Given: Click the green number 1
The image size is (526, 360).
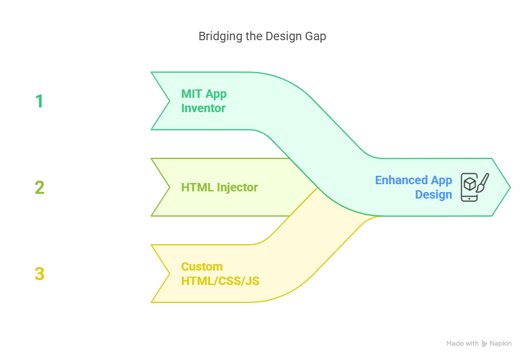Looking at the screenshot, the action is (x=39, y=101).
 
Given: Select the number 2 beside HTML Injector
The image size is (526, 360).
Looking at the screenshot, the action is (x=39, y=187).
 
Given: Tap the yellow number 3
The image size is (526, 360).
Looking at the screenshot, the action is (x=39, y=274).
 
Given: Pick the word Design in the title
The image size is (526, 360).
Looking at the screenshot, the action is (x=284, y=36).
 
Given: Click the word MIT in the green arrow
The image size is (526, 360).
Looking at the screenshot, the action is (x=191, y=94).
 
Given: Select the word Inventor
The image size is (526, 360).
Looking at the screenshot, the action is (x=203, y=108).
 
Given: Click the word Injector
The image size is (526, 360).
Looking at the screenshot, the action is (x=238, y=188).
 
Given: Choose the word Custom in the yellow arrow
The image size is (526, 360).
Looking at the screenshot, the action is (x=202, y=266).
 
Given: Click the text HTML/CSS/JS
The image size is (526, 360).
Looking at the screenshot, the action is (x=220, y=281).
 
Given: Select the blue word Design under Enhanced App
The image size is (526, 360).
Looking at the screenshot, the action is (x=434, y=194).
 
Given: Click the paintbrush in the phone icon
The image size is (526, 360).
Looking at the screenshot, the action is (x=483, y=183).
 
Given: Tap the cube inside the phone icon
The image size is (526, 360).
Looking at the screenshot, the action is (x=470, y=184).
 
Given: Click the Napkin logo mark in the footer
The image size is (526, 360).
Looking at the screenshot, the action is (x=484, y=344).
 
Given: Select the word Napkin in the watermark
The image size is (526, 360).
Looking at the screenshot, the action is (x=500, y=344).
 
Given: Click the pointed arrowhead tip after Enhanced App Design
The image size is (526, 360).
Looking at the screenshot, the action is (x=510, y=187).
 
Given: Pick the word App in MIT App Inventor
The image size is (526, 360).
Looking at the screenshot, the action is (x=216, y=94).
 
